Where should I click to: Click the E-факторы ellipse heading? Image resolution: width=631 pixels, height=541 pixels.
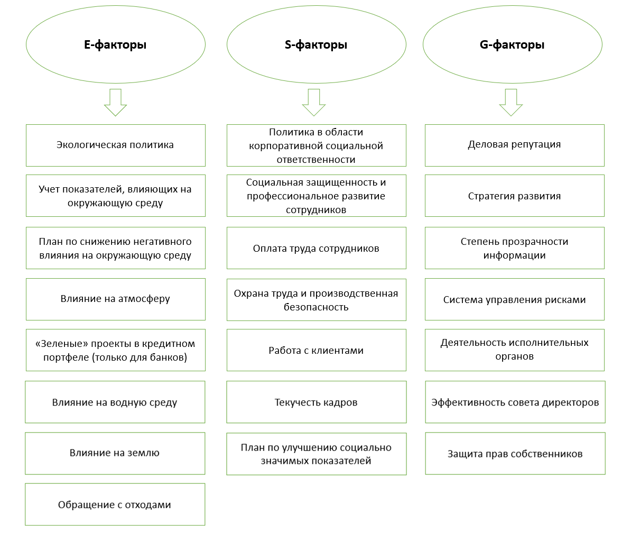(116, 45)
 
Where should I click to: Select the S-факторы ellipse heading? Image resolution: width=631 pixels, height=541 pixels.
(317, 45)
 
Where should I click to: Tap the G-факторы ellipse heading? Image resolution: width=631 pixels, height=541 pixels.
(512, 45)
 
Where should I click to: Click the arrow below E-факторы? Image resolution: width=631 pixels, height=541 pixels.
(116, 103)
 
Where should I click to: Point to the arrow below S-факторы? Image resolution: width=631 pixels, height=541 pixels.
(314, 103)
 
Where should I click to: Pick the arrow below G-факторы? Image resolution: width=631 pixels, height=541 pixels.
(511, 103)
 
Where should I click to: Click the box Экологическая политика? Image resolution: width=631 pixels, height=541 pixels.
(116, 145)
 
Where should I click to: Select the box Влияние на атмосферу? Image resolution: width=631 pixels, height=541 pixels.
(116, 299)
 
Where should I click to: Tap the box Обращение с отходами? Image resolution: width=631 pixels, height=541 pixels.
(115, 505)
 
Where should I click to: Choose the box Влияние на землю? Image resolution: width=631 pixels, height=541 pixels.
(115, 454)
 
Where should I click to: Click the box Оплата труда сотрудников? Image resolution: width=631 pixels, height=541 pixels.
(317, 248)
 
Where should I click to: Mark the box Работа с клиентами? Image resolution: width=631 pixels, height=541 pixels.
(317, 350)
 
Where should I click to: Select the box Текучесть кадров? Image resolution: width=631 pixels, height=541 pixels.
(317, 402)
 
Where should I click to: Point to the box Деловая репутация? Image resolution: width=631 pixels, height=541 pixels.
(515, 145)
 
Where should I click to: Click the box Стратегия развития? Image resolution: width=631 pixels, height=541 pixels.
(515, 196)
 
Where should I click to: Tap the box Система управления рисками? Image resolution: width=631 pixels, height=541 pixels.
(515, 299)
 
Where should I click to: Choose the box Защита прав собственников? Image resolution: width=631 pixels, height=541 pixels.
(515, 454)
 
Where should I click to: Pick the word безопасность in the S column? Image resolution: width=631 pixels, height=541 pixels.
(316, 307)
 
